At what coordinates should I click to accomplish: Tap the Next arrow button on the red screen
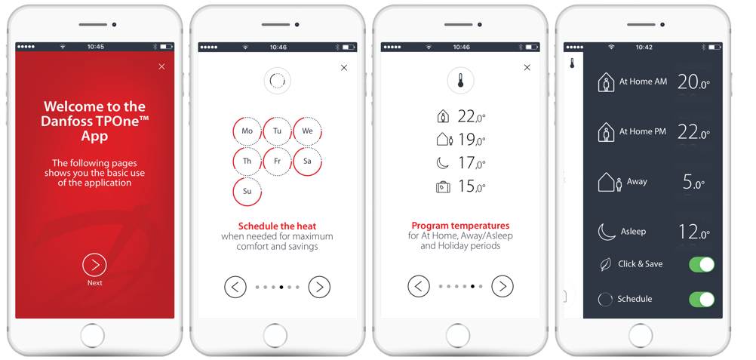(94, 264)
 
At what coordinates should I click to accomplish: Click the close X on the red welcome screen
(161, 66)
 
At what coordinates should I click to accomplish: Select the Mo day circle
(247, 131)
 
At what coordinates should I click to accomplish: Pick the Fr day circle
(277, 162)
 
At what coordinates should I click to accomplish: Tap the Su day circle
(247, 191)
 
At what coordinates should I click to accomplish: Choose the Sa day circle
(307, 162)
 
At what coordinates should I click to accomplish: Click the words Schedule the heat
(277, 226)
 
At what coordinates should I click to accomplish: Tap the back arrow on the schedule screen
(235, 287)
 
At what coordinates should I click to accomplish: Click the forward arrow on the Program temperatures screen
(502, 286)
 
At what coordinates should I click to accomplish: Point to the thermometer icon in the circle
(460, 80)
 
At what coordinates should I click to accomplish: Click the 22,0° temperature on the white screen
(471, 116)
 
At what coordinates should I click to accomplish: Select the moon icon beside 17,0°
(443, 163)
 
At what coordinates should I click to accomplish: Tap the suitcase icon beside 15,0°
(443, 186)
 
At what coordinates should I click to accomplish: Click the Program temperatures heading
(460, 226)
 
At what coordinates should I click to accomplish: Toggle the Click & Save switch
(702, 264)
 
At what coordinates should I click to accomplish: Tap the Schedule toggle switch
(702, 299)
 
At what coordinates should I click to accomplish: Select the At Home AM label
(643, 82)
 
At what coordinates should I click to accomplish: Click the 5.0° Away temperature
(693, 182)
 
